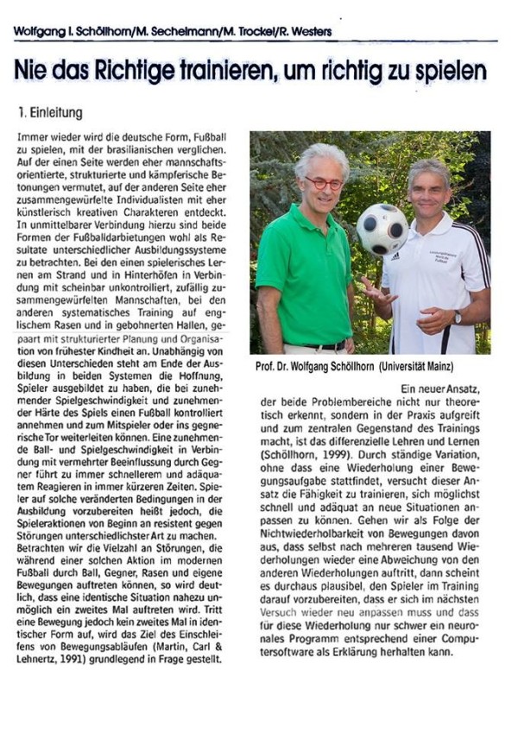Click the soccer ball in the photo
coord(382,230)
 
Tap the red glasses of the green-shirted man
coord(323,183)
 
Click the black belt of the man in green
coord(326,345)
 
